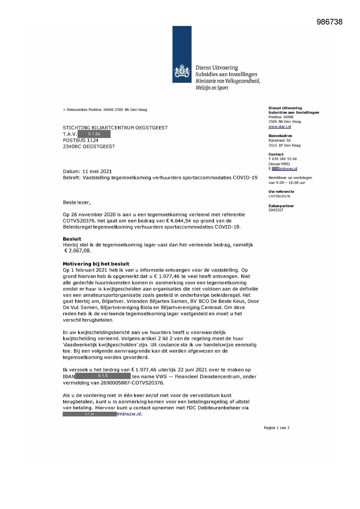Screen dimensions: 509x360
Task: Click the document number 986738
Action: click(329, 22)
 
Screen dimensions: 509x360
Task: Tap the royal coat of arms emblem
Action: click(182, 71)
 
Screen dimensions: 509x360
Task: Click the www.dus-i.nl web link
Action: click(280, 127)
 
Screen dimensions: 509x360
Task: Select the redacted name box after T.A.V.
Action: click(94, 134)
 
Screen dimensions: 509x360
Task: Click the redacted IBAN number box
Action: click(103, 376)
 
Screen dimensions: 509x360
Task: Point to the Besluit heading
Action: click(72, 239)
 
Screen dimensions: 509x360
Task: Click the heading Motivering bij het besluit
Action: click(96, 264)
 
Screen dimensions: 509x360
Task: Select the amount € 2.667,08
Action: click(77, 251)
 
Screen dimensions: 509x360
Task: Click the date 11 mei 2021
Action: click(97, 172)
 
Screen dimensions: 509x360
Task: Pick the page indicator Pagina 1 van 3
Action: click(276, 428)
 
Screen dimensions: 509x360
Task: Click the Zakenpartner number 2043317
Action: click(276, 210)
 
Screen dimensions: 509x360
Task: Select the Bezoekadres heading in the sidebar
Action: click(280, 136)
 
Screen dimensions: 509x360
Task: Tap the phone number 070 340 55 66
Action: click(284, 159)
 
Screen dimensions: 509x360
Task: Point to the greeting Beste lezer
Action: click(77, 203)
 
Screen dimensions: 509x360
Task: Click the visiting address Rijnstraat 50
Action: click(279, 140)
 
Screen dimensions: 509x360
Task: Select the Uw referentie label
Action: click(281, 192)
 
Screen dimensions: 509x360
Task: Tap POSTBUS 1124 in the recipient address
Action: click(81, 140)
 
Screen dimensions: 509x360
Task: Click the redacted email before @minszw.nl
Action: click(89, 414)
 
